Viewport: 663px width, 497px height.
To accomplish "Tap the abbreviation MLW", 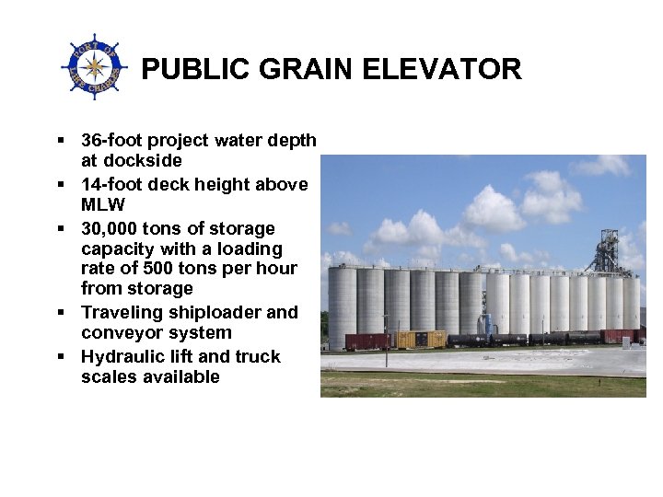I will [102, 204].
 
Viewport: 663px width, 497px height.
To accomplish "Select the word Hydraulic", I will [121, 356].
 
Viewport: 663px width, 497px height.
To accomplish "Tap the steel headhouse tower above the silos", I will [608, 251].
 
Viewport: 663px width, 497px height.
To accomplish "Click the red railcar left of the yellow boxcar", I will [366, 341].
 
